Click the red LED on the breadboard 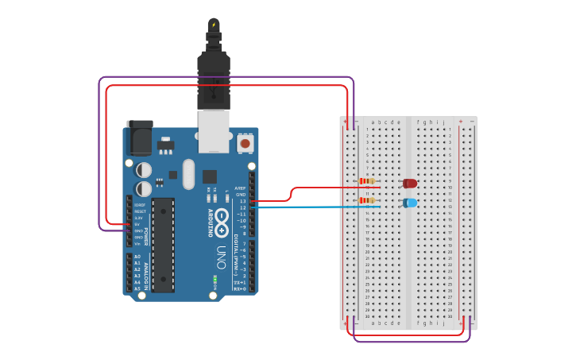[410, 184]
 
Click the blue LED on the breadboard [410, 203]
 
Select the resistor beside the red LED [367, 181]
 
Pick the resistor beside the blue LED [367, 200]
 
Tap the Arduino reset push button [245, 143]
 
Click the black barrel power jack [140, 137]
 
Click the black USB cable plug [213, 79]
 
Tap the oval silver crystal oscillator [188, 174]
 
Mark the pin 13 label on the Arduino [243, 201]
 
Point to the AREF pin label [241, 188]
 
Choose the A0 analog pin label [137, 257]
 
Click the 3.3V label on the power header [138, 218]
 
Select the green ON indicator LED [215, 280]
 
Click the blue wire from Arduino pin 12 [318, 207]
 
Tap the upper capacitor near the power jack [144, 170]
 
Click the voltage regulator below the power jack [164, 146]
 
